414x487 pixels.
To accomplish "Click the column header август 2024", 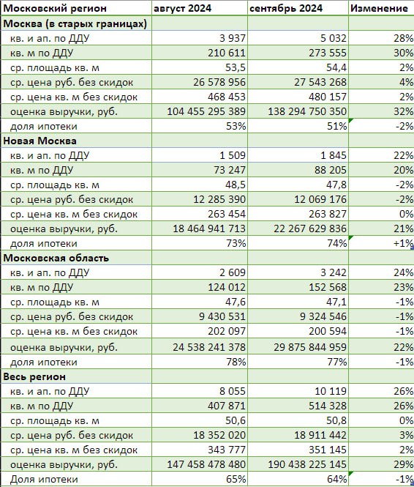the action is [182, 8].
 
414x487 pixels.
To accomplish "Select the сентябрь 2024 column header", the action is [286, 8].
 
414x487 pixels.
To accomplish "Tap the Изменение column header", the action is [379, 8].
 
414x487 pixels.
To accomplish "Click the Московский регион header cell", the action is [55, 8].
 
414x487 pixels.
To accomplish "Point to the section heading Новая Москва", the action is [39, 141].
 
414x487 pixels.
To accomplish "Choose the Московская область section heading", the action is [56, 258].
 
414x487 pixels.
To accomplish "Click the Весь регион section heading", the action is [34, 376].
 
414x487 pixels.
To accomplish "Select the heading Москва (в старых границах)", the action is [75, 24].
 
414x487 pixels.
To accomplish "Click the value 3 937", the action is [233, 38].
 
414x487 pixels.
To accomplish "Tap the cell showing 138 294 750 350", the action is [307, 111].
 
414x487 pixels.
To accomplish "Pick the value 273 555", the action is [328, 53].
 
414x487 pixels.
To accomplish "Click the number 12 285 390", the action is [219, 199].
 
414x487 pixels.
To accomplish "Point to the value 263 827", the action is [328, 214].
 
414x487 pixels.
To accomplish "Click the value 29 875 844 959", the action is [310, 347].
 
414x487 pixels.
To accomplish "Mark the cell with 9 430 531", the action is [222, 316].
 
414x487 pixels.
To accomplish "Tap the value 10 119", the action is [331, 391].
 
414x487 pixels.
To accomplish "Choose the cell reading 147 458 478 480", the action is [206, 464].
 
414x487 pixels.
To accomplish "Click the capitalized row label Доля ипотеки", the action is [44, 479].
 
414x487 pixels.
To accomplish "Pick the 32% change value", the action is [404, 111].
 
